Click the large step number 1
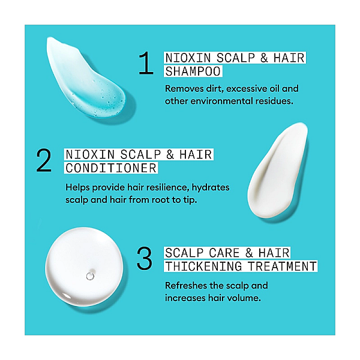click(146, 63)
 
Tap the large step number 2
click(44, 160)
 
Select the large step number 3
click(145, 258)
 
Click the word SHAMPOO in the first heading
click(193, 71)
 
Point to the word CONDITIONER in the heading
click(111, 168)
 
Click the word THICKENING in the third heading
click(203, 266)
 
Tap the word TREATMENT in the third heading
click(282, 266)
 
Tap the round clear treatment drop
click(84, 266)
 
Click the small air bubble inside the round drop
click(90, 276)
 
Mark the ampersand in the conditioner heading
click(170, 155)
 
